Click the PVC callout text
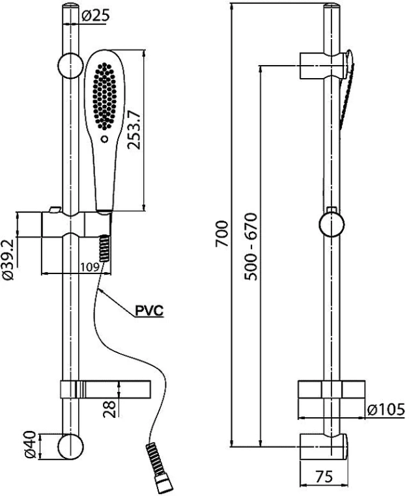tap(148, 310)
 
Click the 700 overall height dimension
tap(222, 233)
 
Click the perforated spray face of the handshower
tap(105, 94)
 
